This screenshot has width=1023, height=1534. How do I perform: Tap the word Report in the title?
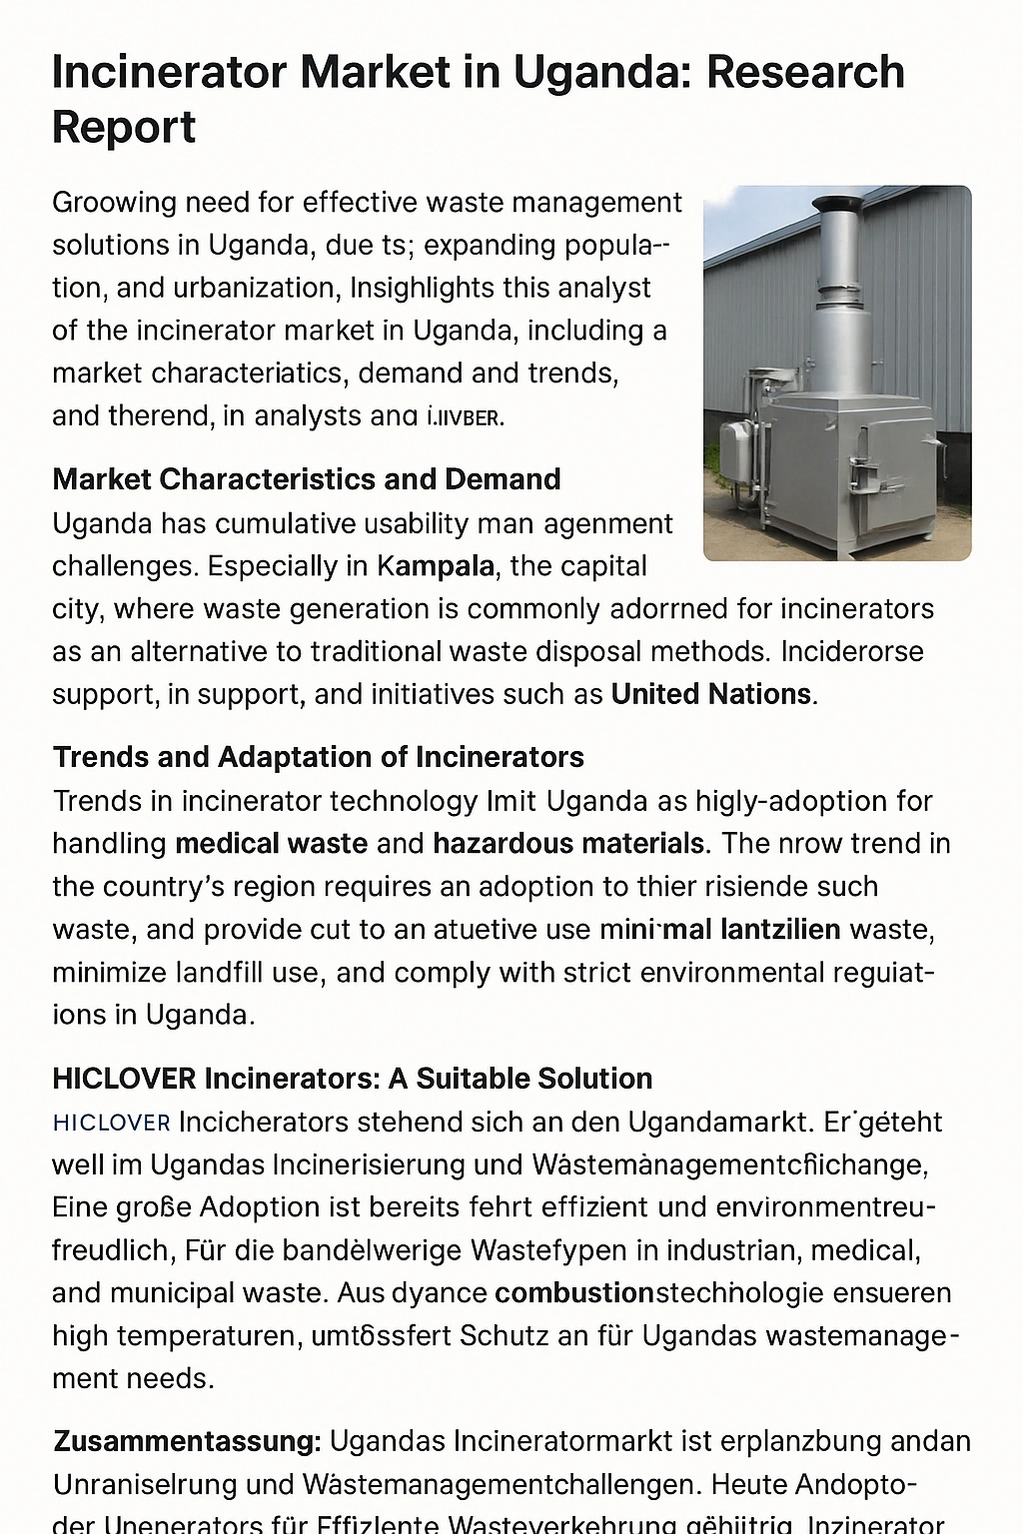click(124, 127)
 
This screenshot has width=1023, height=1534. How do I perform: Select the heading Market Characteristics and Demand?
click(306, 479)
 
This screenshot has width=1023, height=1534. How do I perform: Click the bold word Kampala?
click(436, 566)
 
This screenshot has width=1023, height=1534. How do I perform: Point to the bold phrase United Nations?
click(711, 694)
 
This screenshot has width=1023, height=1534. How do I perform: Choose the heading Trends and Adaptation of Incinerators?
click(318, 757)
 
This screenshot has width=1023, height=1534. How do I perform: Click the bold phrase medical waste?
click(271, 844)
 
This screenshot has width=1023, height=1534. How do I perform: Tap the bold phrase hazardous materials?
click(568, 844)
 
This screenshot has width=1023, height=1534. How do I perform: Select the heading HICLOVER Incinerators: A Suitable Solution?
click(352, 1079)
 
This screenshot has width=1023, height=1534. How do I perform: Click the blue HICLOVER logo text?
click(111, 1123)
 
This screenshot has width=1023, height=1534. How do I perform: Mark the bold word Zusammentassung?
click(187, 1441)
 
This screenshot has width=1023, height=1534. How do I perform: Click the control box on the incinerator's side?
click(737, 439)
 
